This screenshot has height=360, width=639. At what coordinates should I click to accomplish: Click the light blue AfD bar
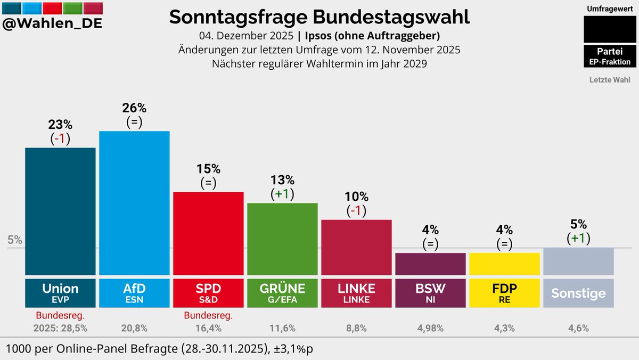(134, 202)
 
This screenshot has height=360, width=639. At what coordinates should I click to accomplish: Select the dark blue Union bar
(60, 211)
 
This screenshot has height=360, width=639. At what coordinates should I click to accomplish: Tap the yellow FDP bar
(504, 264)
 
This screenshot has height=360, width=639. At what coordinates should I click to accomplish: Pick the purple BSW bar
(430, 264)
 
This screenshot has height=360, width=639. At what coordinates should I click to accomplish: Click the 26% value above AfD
(134, 108)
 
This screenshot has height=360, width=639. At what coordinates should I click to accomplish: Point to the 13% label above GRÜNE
(282, 180)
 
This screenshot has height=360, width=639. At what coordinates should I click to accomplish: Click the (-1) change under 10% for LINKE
(356, 210)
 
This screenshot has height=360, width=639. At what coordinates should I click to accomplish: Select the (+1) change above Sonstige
(578, 238)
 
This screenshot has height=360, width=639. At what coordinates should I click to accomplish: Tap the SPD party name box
(208, 293)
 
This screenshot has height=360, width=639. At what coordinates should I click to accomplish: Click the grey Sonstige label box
(578, 293)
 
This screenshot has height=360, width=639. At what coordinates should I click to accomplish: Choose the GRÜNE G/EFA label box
(282, 293)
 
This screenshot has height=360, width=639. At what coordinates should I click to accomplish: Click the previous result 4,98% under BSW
(430, 329)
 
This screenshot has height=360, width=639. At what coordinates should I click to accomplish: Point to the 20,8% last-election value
(134, 329)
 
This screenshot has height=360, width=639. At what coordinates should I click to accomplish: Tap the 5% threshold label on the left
(15, 240)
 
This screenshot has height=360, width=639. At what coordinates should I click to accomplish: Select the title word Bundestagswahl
(391, 17)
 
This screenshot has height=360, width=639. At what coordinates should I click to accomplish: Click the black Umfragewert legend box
(607, 29)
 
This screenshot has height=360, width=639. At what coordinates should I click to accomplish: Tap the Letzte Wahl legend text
(610, 80)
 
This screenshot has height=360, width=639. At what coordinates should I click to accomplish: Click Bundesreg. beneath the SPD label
(208, 316)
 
